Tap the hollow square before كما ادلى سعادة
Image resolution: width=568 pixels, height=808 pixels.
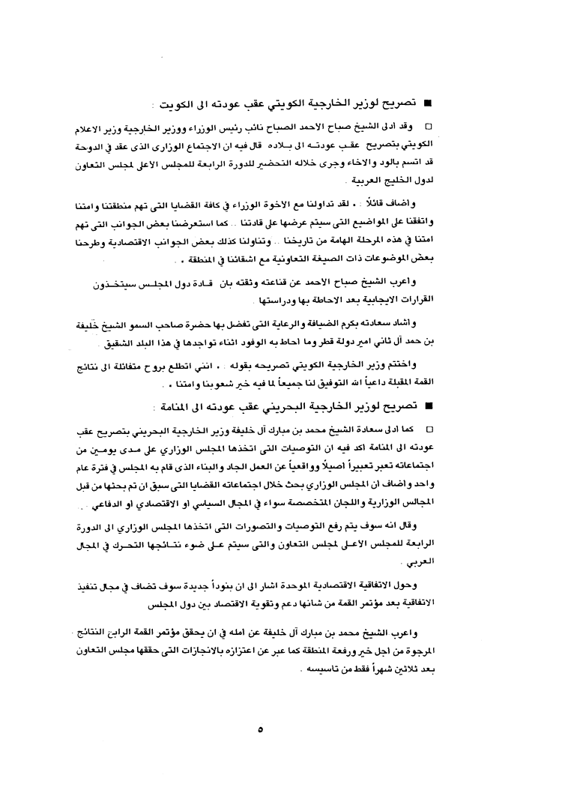click(x=429, y=432)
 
